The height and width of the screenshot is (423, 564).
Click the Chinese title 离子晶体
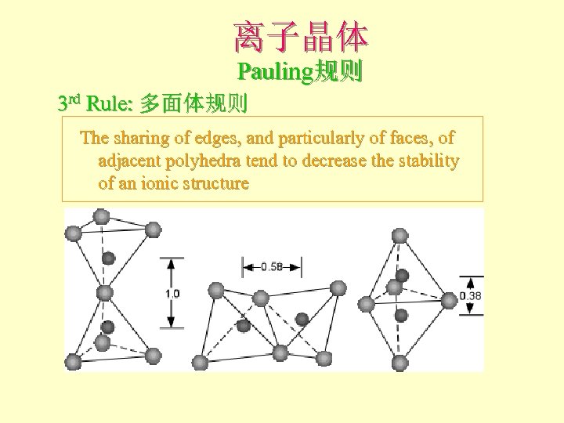(x=300, y=36)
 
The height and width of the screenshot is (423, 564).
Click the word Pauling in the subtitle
(x=275, y=73)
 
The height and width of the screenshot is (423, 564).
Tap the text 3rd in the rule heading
(x=70, y=103)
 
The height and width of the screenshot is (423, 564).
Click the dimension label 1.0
(x=172, y=294)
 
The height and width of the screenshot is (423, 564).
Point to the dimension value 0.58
(x=271, y=267)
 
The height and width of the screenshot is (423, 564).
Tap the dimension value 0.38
(x=472, y=295)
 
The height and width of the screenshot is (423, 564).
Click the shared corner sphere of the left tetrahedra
(x=104, y=292)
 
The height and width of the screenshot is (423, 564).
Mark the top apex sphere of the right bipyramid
(x=399, y=234)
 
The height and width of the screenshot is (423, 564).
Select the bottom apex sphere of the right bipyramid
(x=400, y=362)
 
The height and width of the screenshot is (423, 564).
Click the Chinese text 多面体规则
(x=193, y=103)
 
